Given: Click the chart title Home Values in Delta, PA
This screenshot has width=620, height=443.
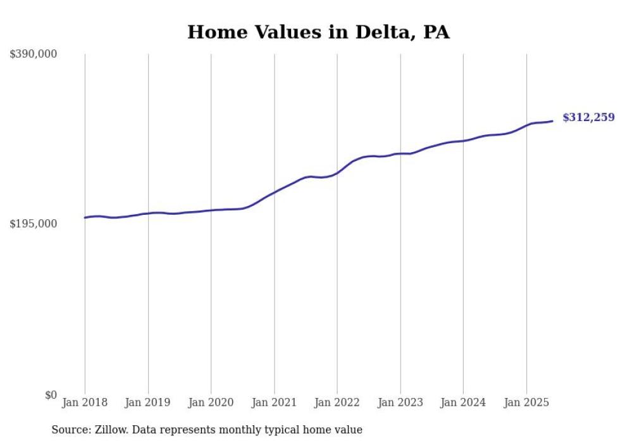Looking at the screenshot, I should click(x=318, y=32).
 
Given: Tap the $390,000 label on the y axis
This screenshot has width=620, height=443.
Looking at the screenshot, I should click(x=34, y=55).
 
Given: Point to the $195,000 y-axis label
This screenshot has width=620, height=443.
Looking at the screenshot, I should click(x=34, y=224).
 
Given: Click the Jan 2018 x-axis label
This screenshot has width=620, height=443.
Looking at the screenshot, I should click(x=85, y=402).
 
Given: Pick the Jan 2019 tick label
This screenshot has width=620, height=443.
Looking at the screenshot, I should click(x=148, y=402).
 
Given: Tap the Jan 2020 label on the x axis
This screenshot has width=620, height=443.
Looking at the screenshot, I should click(x=211, y=402).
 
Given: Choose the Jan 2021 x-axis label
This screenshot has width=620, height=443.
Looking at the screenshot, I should click(x=274, y=402).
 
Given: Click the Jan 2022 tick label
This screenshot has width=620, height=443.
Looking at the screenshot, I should click(x=337, y=402).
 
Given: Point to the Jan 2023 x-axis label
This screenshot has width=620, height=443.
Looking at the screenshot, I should click(x=400, y=402).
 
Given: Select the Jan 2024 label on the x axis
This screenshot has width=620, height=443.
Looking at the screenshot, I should click(x=463, y=402).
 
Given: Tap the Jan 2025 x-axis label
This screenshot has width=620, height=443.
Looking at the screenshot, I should click(x=526, y=402).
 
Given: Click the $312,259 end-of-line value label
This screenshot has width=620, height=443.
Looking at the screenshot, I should click(x=588, y=117).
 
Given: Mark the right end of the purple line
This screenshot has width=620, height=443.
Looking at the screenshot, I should click(x=552, y=121).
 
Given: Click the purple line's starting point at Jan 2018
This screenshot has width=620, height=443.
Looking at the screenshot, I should click(x=85, y=217).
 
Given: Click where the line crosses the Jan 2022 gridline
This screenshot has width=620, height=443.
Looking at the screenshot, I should click(x=337, y=172).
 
